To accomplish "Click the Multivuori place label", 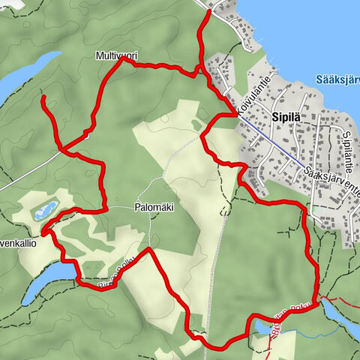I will [x=116, y=55].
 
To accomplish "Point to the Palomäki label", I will [x=154, y=208].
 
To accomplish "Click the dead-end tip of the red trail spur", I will [x=42, y=97].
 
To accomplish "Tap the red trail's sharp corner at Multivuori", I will [x=122, y=61].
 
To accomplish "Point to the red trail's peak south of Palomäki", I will [x=149, y=248].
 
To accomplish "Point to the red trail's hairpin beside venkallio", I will [x=45, y=232].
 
